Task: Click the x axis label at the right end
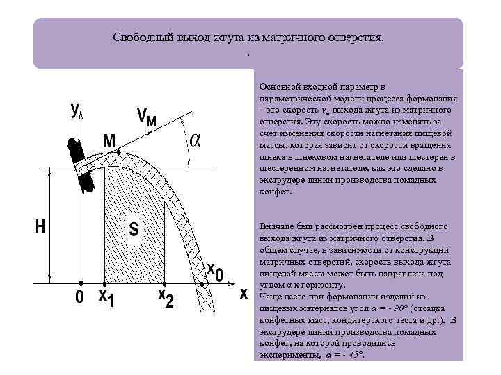(x=244, y=294)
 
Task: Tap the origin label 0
(x=79, y=297)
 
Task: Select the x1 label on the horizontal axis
(x=105, y=297)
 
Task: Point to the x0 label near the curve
(x=215, y=272)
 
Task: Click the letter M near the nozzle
(x=109, y=140)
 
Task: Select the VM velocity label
(x=146, y=118)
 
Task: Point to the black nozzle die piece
(x=80, y=164)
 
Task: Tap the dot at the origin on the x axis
(x=81, y=283)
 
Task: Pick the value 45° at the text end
(x=356, y=354)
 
